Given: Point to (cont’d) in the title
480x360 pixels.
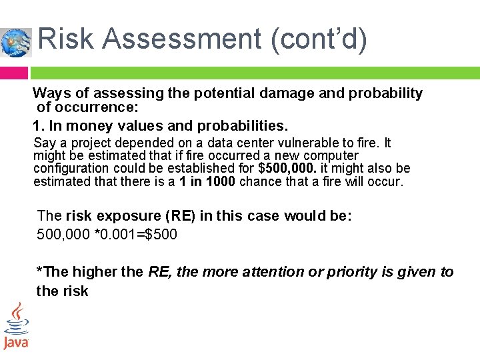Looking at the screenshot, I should point(319,39).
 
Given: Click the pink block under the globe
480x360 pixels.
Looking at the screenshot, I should point(14,72).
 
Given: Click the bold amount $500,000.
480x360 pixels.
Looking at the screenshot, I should point(295,168).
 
